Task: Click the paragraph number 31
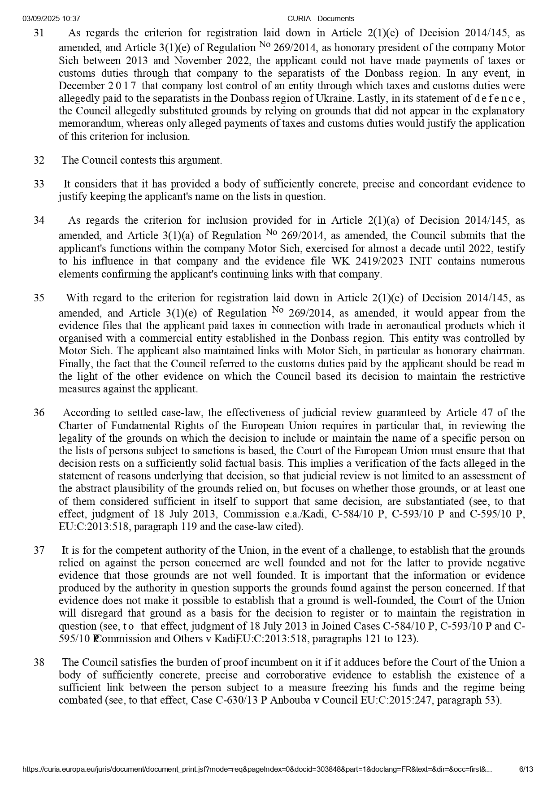pyautogui.click(x=39, y=33)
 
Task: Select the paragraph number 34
pyautogui.click(x=39, y=221)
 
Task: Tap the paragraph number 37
pyautogui.click(x=39, y=550)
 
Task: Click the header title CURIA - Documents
pyautogui.click(x=321, y=18)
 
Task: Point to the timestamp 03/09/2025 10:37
pyautogui.click(x=51, y=18)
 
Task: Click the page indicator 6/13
pyautogui.click(x=526, y=769)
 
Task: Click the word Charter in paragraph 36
pyautogui.click(x=75, y=425)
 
